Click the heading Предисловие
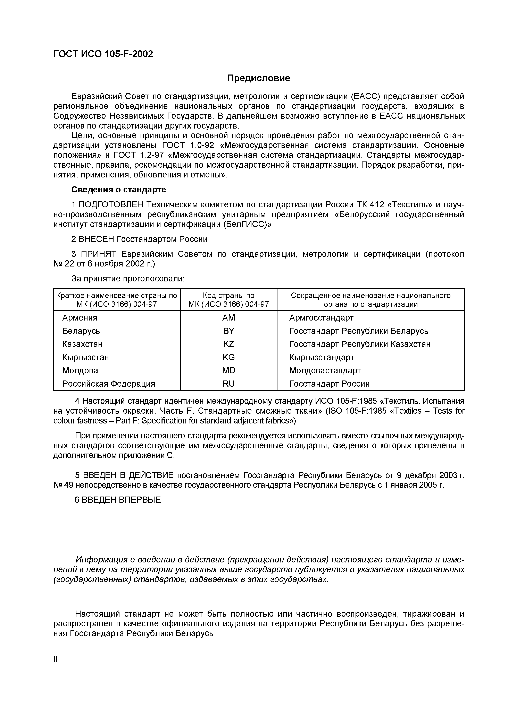259,78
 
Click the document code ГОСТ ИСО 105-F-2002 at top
103,54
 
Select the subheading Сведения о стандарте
119,190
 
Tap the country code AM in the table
228,318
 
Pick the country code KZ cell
228,344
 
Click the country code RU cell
228,384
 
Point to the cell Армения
80,318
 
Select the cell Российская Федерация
109,384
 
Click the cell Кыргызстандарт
322,357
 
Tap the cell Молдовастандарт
325,371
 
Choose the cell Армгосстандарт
321,318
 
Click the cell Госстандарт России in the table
329,384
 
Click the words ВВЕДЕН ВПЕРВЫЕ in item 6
121,500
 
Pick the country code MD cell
228,371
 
